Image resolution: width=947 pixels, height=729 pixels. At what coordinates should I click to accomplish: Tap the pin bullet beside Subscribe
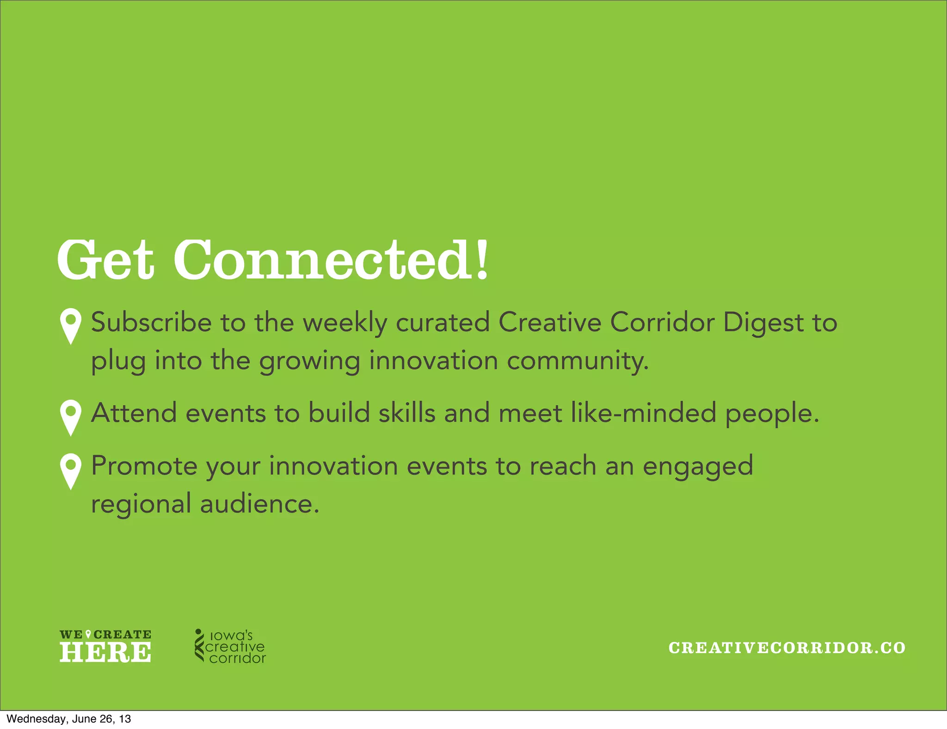71,325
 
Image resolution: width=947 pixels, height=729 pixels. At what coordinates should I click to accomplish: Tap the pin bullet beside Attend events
71,417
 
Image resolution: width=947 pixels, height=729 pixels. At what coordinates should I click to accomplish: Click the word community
578,361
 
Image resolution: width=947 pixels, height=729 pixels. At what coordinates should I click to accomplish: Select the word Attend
134,413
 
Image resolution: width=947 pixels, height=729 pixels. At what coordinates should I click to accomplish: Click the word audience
259,504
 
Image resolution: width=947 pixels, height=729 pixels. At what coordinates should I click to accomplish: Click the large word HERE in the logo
105,652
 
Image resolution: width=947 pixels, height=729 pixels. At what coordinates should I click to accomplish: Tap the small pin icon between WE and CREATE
88,634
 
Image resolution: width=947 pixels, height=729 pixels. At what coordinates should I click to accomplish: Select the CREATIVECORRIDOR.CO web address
787,648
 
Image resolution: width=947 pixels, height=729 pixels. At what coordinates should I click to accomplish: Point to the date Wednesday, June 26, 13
69,719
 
